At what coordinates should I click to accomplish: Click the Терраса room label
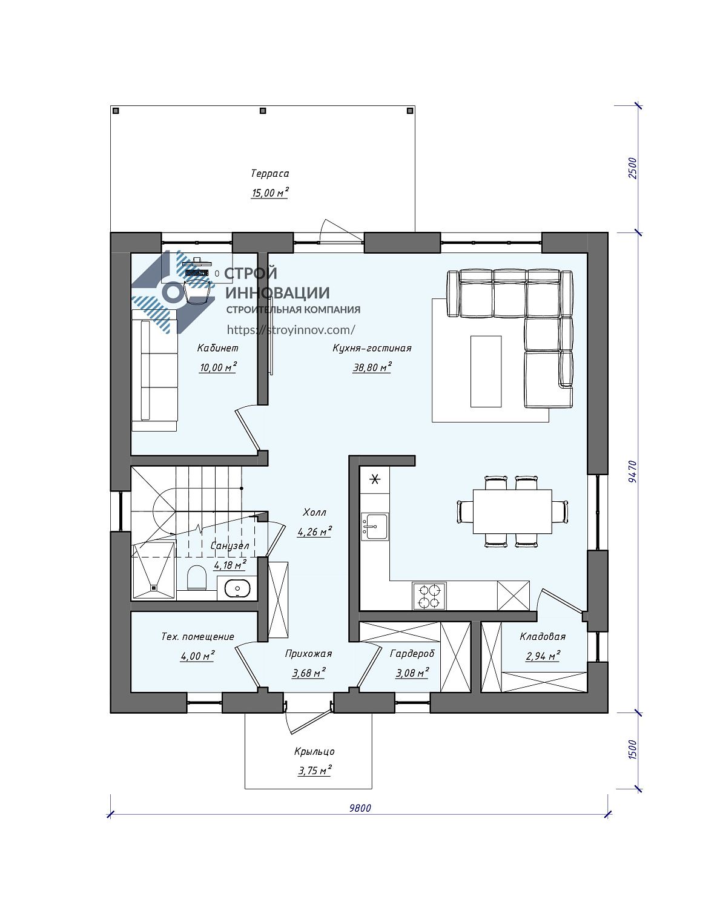269,173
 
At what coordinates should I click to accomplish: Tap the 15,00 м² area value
269,193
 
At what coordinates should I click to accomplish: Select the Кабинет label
218,348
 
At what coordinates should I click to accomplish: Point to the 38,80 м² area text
372,367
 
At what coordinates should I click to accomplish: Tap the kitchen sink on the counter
375,526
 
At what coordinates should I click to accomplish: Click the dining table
512,512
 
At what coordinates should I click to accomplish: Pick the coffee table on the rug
486,371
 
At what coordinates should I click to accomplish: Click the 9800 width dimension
360,808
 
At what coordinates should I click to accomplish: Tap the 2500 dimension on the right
632,168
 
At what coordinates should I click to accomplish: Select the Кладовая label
543,636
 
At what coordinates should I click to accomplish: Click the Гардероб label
412,654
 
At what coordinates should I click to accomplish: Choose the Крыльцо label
314,751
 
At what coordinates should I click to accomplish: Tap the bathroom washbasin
237,588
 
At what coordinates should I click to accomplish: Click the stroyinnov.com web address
291,329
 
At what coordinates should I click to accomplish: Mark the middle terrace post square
263,111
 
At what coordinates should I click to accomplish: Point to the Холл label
314,512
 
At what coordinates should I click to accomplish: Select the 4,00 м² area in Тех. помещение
197,656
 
